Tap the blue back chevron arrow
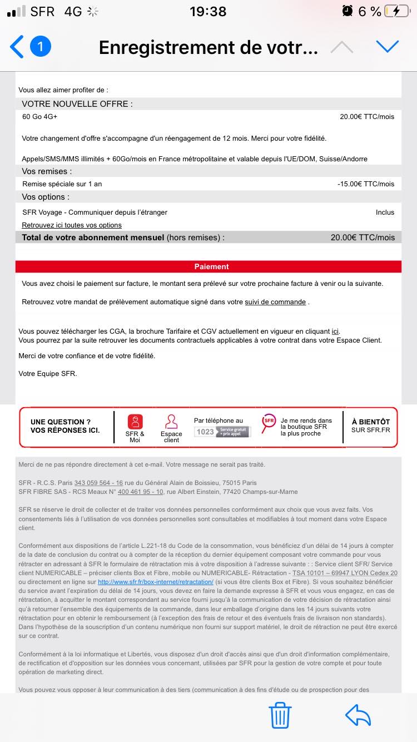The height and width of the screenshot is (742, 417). pos(17,47)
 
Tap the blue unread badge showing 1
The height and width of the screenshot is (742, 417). pos(41,47)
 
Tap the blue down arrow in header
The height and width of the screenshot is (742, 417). pos(388,47)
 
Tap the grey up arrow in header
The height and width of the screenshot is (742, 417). pos(341,47)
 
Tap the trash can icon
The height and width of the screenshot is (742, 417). pos(280,715)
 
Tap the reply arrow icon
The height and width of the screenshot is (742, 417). pos(358,715)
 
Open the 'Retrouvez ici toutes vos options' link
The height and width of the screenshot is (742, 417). pos(72,225)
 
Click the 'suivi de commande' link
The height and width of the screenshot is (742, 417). pos(276,302)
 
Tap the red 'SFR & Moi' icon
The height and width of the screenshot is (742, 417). pos(135,422)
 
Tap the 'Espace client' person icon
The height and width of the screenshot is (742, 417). pos(171,422)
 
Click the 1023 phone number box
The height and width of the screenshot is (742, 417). pos(222,431)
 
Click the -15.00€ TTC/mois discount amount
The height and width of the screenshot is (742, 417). pos(366,184)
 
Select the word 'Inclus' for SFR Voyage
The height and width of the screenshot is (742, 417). pos(385,212)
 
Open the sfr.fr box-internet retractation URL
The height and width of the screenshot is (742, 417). pos(156,582)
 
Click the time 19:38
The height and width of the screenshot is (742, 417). pos(208,11)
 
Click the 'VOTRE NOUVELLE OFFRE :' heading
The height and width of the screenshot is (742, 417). pos(77,104)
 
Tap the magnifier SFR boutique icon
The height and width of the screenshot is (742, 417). pos(269,422)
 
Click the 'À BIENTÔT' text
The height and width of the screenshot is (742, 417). pos(371,422)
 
